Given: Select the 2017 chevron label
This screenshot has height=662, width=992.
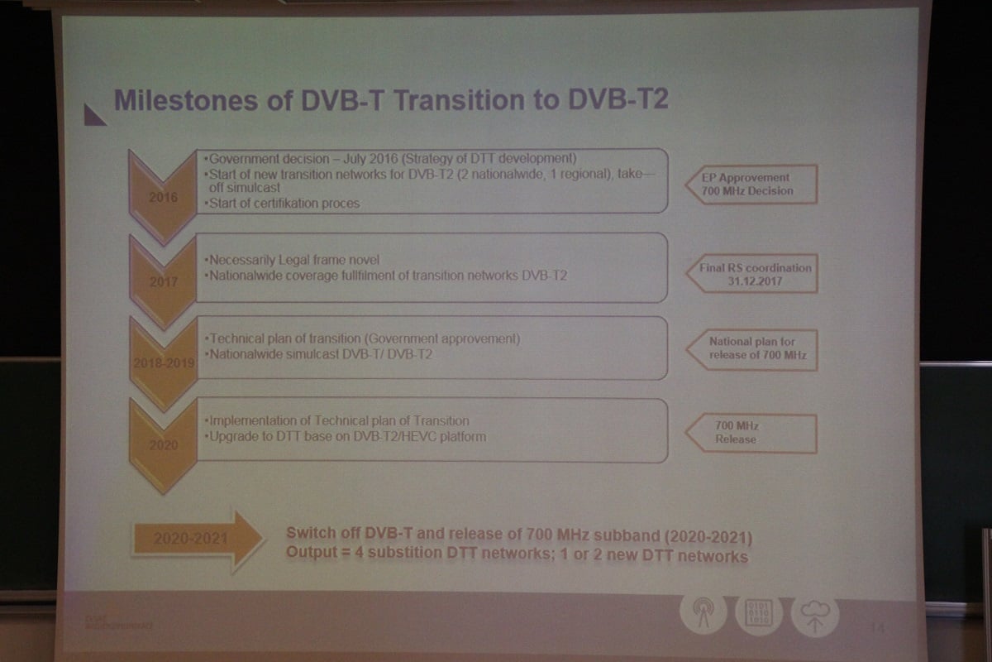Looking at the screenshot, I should [x=163, y=282].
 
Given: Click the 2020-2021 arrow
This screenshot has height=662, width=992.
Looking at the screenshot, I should [x=196, y=540].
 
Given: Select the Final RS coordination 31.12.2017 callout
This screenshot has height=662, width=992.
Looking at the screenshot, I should [x=751, y=274].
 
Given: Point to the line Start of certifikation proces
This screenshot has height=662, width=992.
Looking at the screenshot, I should [x=281, y=203].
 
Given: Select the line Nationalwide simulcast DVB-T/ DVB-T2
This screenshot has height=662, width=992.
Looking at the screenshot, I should [x=320, y=354].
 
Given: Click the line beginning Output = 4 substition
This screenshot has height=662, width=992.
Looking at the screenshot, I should [x=517, y=555].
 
